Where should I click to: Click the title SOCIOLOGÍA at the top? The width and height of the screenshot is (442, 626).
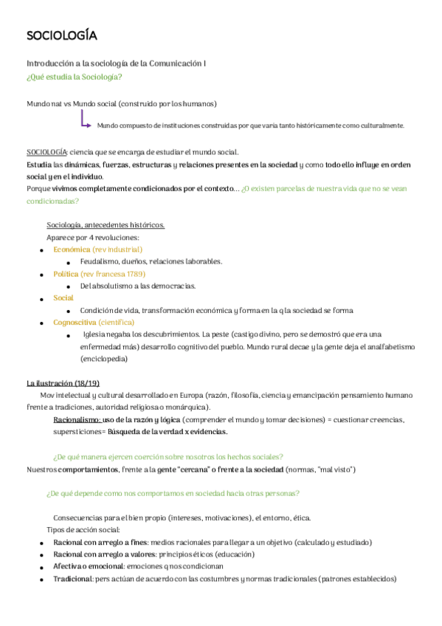pyautogui.click(x=61, y=36)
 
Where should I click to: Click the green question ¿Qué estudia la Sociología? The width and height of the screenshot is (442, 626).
pyautogui.click(x=74, y=77)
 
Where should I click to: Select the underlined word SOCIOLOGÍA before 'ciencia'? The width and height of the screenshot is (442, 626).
pyautogui.click(x=46, y=151)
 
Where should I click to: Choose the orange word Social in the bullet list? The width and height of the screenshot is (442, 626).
pyautogui.click(x=63, y=298)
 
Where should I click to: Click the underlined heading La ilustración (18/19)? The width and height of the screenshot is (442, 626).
pyautogui.click(x=63, y=383)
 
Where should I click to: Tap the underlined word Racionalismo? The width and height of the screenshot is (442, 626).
pyautogui.click(x=77, y=419)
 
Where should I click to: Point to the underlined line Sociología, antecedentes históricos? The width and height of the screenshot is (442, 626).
pyautogui.click(x=106, y=225)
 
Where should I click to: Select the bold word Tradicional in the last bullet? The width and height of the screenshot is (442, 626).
pyautogui.click(x=72, y=579)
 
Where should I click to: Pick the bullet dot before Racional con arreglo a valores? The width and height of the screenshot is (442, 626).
pyautogui.click(x=41, y=554)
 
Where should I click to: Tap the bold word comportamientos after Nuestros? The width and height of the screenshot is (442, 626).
pyautogui.click(x=87, y=470)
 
